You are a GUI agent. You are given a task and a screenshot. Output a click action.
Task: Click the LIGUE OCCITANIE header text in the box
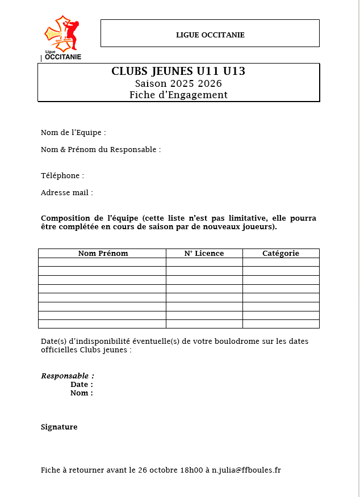click(210, 35)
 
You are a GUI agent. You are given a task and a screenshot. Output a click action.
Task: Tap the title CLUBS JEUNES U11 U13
click(178, 71)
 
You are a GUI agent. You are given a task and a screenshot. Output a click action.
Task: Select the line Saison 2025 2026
click(178, 83)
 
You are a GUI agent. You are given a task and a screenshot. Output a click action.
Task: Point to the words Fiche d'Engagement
click(178, 95)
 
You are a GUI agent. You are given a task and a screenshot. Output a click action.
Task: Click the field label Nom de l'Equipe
click(73, 133)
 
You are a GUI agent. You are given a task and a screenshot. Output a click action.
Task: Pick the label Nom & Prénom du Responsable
click(101, 150)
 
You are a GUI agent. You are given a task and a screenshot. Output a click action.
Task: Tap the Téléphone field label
click(62, 176)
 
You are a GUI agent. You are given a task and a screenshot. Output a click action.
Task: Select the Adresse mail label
click(66, 193)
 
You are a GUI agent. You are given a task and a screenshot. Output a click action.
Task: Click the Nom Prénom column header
click(103, 254)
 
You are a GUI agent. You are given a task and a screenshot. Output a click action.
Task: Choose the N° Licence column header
click(204, 254)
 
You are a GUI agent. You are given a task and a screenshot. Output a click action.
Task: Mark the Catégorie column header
click(281, 254)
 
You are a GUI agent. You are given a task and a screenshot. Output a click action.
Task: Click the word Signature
click(59, 427)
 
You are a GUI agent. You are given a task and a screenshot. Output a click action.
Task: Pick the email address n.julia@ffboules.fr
click(246, 470)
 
